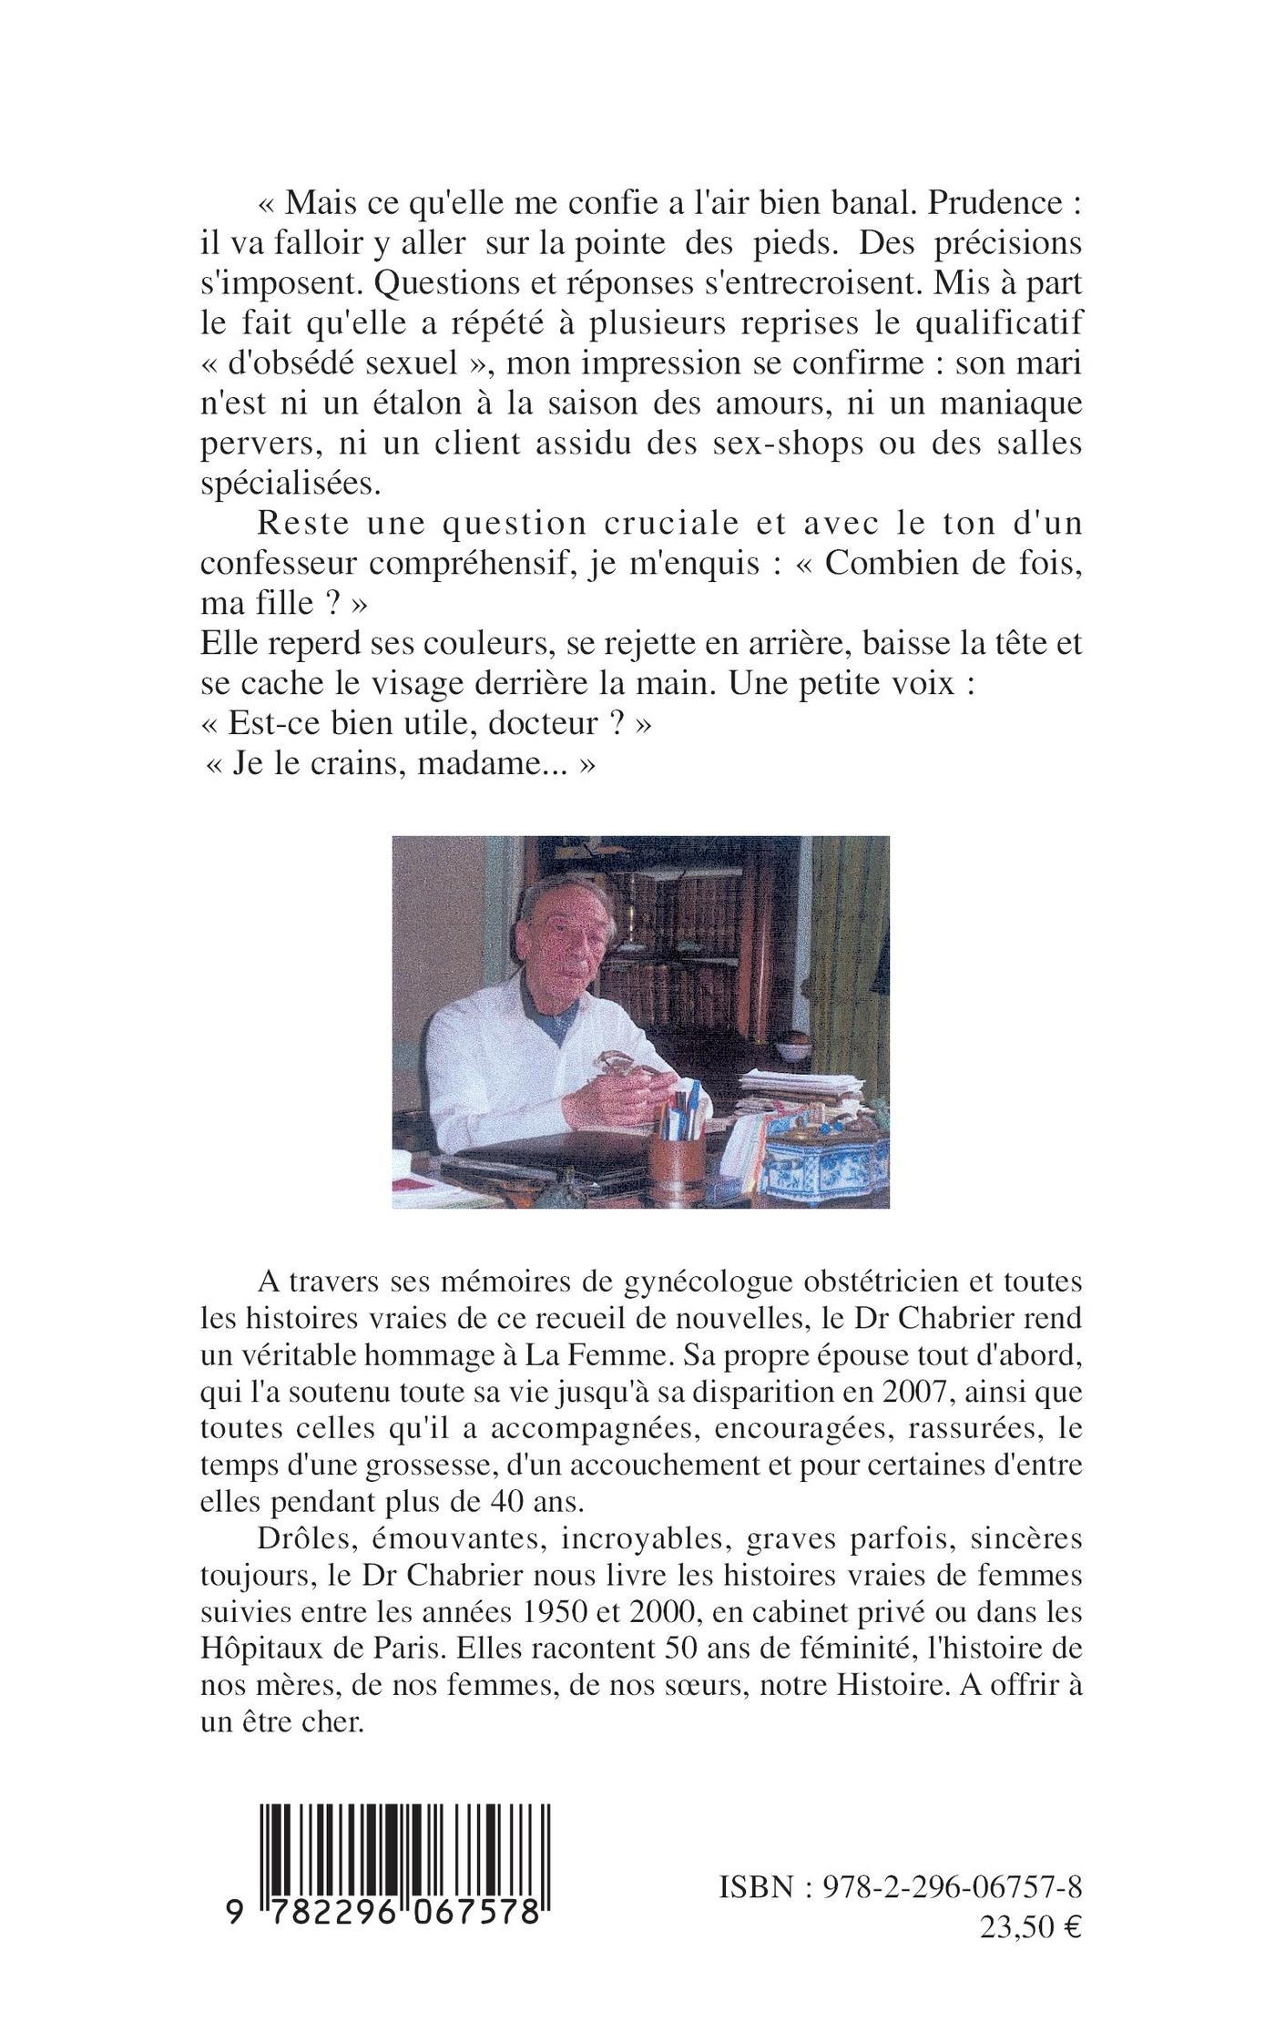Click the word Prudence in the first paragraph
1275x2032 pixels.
987,204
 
